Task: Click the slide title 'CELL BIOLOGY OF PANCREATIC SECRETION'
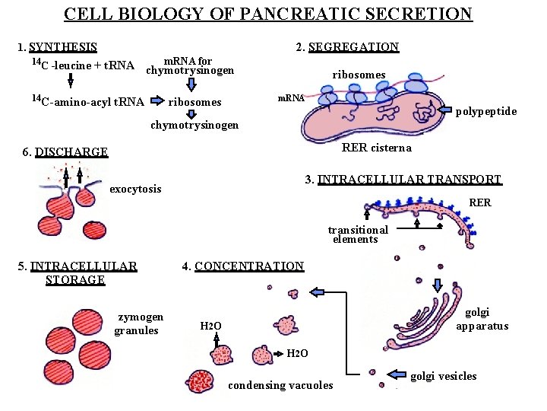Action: click(x=268, y=14)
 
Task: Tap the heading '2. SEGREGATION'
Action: click(x=348, y=47)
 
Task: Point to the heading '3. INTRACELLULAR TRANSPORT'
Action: click(x=403, y=180)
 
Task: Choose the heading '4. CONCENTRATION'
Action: click(x=243, y=266)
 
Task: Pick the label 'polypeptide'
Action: click(x=486, y=112)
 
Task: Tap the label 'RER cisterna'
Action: click(x=377, y=148)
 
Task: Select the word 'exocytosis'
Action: click(x=136, y=188)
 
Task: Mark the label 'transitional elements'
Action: click(x=357, y=234)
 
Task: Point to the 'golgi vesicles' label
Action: click(x=444, y=376)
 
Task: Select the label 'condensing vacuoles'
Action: click(x=280, y=385)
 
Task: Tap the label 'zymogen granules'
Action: click(x=139, y=323)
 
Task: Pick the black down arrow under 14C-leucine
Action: click(x=70, y=81)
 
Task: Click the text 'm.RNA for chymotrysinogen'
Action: click(x=189, y=65)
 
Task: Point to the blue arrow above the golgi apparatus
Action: click(x=438, y=285)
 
